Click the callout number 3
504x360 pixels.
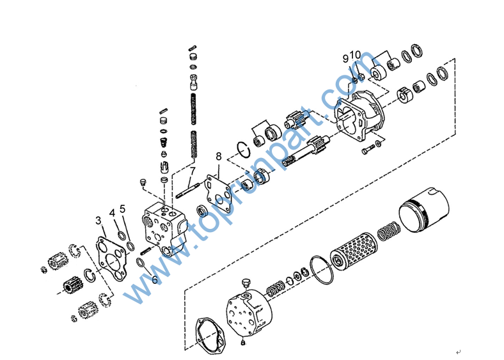pyautogui.click(x=98, y=221)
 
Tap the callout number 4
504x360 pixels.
pyautogui.click(x=112, y=213)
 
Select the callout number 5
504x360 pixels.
pyautogui.click(x=122, y=209)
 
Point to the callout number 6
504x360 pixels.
pyautogui.click(x=155, y=280)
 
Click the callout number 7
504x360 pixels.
pyautogui.click(x=193, y=171)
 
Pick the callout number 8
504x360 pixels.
pyautogui.click(x=219, y=157)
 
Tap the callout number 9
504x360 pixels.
pyautogui.click(x=345, y=59)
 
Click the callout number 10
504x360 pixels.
pyautogui.click(x=356, y=55)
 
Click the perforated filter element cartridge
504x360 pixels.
pyautogui.click(x=354, y=251)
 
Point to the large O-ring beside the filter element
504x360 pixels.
pyautogui.click(x=322, y=270)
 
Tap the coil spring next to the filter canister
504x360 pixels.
pyautogui.click(x=389, y=231)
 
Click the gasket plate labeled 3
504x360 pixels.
pyautogui.click(x=111, y=259)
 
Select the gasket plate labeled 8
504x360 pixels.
pyautogui.click(x=219, y=194)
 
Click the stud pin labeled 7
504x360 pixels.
pyautogui.click(x=187, y=191)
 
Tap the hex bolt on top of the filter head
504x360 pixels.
pyautogui.click(x=246, y=284)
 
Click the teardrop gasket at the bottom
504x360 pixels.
pyautogui.click(x=211, y=336)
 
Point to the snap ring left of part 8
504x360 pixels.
pyautogui.click(x=243, y=150)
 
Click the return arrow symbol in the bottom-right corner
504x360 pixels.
pyautogui.click(x=459, y=352)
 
